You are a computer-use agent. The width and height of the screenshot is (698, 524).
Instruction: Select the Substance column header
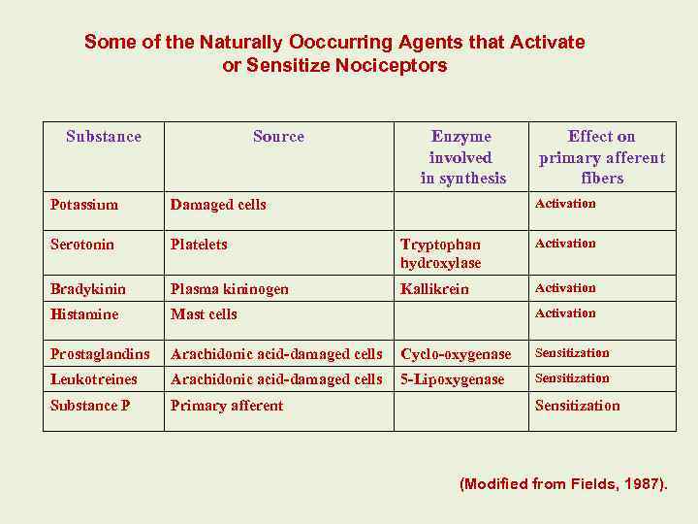[x=104, y=137]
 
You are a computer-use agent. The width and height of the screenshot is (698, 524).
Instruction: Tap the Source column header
[x=278, y=137]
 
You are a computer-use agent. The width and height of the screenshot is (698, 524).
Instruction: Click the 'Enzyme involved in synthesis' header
[x=462, y=157]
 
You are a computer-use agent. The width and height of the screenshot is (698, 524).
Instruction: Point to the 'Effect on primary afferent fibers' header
[x=602, y=157]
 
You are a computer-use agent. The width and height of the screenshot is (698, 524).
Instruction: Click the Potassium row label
[x=84, y=205]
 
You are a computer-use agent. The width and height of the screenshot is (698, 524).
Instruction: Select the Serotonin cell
[x=82, y=245]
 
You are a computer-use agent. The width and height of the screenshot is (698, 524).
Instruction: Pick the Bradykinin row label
[x=85, y=289]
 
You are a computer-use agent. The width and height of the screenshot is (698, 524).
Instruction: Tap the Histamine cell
[x=84, y=314]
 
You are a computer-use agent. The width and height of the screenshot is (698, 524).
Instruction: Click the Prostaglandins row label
[x=100, y=354]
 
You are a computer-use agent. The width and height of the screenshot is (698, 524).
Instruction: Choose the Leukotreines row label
[x=94, y=379]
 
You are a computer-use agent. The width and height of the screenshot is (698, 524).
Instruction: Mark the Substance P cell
[x=90, y=406]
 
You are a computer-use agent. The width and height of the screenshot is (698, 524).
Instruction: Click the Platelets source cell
[x=199, y=245]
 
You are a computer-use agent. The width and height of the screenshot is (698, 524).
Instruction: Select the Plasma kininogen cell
[x=230, y=289]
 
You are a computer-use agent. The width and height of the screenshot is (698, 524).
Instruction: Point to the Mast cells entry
[x=204, y=314]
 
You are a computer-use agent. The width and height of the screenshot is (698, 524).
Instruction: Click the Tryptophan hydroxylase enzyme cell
[x=441, y=253]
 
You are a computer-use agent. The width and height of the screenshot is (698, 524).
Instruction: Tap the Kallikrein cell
[x=434, y=289]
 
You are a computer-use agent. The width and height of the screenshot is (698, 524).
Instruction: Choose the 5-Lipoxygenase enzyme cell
[x=453, y=379]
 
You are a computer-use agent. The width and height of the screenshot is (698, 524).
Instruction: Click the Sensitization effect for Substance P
[x=577, y=406]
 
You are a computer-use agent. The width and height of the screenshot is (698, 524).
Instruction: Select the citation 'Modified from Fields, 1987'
[x=563, y=483]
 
